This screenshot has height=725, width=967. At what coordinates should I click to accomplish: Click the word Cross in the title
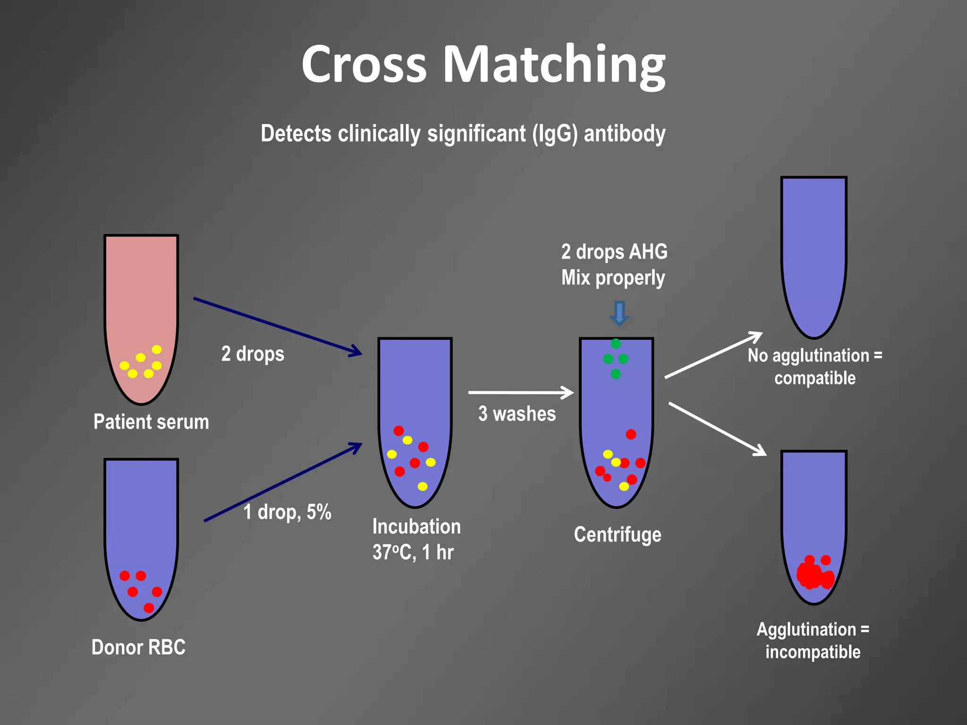tap(364, 65)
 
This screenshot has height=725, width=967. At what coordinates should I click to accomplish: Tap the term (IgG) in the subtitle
tap(555, 134)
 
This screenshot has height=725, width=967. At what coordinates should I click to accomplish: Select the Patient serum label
tap(151, 422)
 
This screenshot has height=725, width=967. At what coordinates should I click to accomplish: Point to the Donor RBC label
tap(138, 647)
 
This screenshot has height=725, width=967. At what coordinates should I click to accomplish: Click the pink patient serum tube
tap(141, 302)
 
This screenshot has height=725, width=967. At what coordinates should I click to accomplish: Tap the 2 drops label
tap(253, 354)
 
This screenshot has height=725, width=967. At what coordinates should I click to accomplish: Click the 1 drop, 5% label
tap(287, 512)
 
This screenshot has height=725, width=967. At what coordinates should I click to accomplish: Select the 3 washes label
tap(517, 414)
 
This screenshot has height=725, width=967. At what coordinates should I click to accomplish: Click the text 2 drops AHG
tap(614, 252)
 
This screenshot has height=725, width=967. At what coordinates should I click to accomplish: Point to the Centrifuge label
tap(618, 535)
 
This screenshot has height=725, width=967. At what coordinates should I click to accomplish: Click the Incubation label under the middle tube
tap(416, 527)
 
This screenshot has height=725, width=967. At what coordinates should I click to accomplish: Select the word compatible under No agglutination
tap(815, 378)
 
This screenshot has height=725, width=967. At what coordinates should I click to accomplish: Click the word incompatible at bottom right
tap(813, 652)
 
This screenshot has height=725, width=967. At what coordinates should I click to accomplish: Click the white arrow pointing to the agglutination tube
tap(717, 429)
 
